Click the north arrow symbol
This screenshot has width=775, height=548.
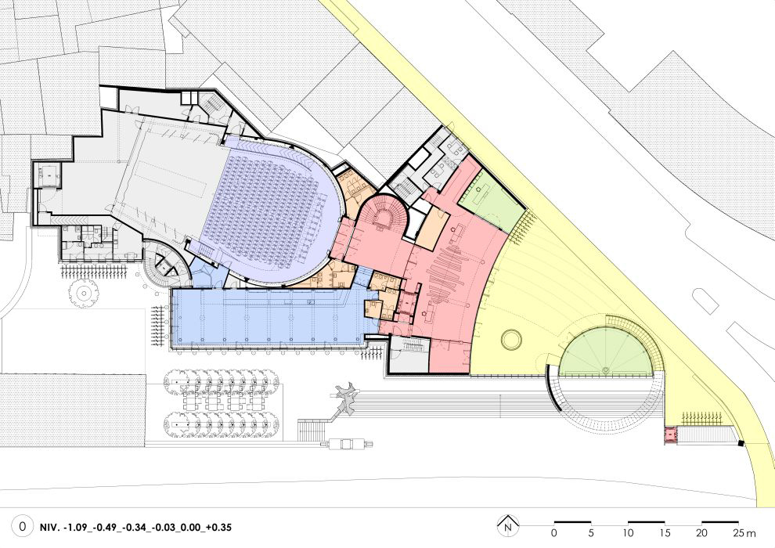pyautogui.click(x=507, y=525)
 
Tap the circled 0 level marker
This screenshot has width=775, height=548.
pyautogui.click(x=22, y=526)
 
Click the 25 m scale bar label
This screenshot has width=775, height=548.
pyautogui.click(x=744, y=533)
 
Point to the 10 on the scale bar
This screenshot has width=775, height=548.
pyautogui.click(x=627, y=533)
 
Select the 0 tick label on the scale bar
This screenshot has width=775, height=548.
pyautogui.click(x=553, y=533)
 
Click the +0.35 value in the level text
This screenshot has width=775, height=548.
pyautogui.click(x=218, y=527)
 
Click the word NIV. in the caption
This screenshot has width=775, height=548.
pyautogui.click(x=49, y=527)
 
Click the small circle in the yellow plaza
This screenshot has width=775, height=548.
pyautogui.click(x=511, y=340)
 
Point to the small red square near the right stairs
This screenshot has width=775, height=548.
pyautogui.click(x=670, y=434)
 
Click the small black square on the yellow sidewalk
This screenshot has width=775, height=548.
pyautogui.click(x=741, y=443)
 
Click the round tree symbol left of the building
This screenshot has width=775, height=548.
pyautogui.click(x=84, y=294)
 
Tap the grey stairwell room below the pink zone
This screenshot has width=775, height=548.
pyautogui.click(x=409, y=354)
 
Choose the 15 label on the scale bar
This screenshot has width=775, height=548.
pyautogui.click(x=664, y=533)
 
